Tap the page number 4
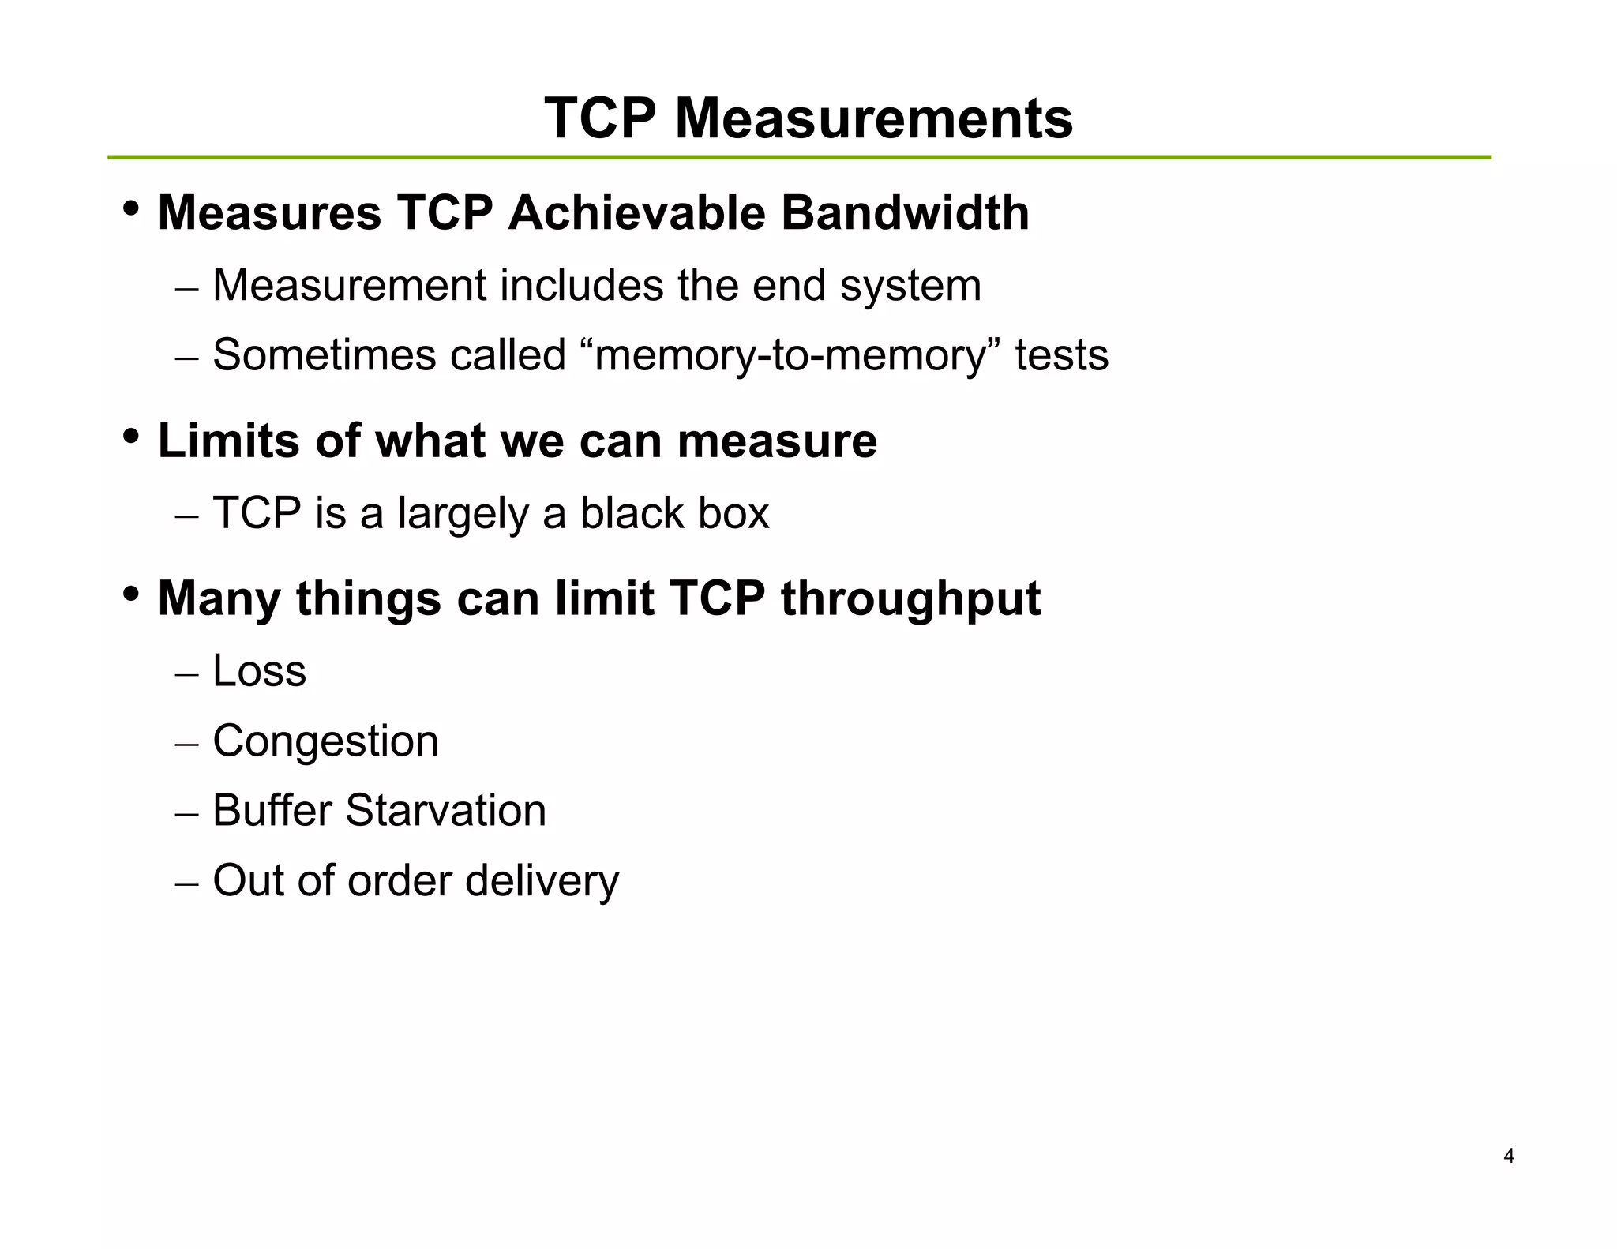coord(1509,1157)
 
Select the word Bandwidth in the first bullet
coord(905,213)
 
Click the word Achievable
coord(637,213)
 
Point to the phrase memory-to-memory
coord(790,355)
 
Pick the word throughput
coord(910,599)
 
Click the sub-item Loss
coord(259,671)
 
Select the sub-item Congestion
coord(325,741)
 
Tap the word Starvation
coord(445,811)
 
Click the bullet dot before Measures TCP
coord(131,209)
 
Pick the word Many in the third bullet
coord(219,599)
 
